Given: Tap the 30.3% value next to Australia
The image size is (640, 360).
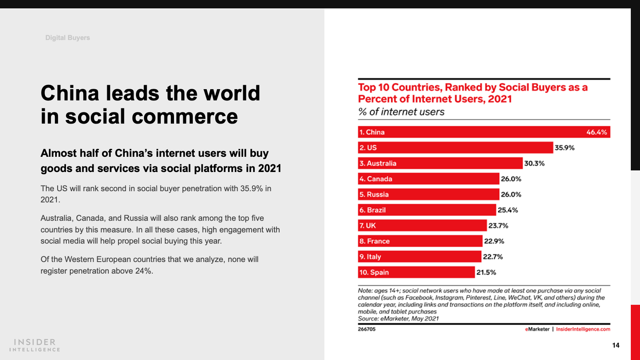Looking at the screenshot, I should [534, 163].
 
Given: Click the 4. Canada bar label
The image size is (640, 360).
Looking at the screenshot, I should [376, 179].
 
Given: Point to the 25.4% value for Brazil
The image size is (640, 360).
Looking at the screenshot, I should [508, 210].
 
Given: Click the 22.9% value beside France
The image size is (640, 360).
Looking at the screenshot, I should [494, 241].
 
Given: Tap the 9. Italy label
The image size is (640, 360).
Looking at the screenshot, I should [370, 257].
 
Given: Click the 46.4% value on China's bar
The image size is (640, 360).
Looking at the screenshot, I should [596, 132].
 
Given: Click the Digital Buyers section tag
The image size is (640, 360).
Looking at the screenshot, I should [68, 38].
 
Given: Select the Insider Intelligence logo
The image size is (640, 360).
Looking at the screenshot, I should [35, 345].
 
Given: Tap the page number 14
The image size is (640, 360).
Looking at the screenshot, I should [616, 345].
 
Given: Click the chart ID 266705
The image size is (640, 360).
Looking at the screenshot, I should [366, 329].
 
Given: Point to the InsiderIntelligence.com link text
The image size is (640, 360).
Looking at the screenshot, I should [583, 329].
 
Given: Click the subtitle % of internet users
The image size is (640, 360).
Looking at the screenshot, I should [401, 112].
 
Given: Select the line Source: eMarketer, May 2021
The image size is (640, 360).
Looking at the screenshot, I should [398, 318].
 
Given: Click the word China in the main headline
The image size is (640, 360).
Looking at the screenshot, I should [70, 93].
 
